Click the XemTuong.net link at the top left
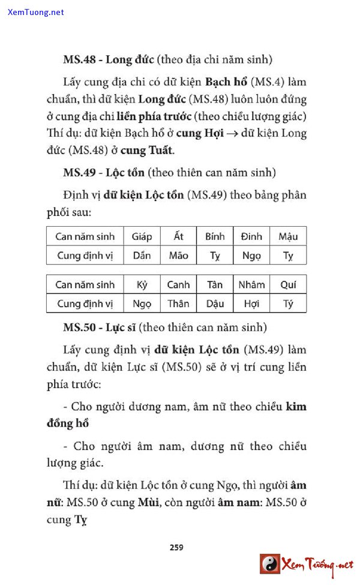click(x=36, y=12)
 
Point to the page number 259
click(x=176, y=547)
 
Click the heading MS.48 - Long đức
click(x=109, y=59)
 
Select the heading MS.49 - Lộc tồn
click(x=104, y=173)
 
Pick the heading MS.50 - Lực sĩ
click(x=100, y=328)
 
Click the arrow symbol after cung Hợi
click(x=229, y=133)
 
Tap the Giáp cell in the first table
click(x=142, y=236)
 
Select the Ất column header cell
click(x=178, y=236)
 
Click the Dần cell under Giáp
click(x=142, y=256)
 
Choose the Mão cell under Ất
click(x=178, y=256)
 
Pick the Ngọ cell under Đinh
click(x=251, y=256)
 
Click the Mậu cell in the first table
click(x=288, y=236)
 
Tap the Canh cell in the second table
click(x=178, y=284)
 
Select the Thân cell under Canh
click(x=178, y=304)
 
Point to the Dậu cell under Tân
click(x=215, y=304)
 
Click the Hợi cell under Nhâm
click(x=251, y=304)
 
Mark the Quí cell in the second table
click(x=288, y=284)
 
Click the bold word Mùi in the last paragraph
click(x=147, y=503)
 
